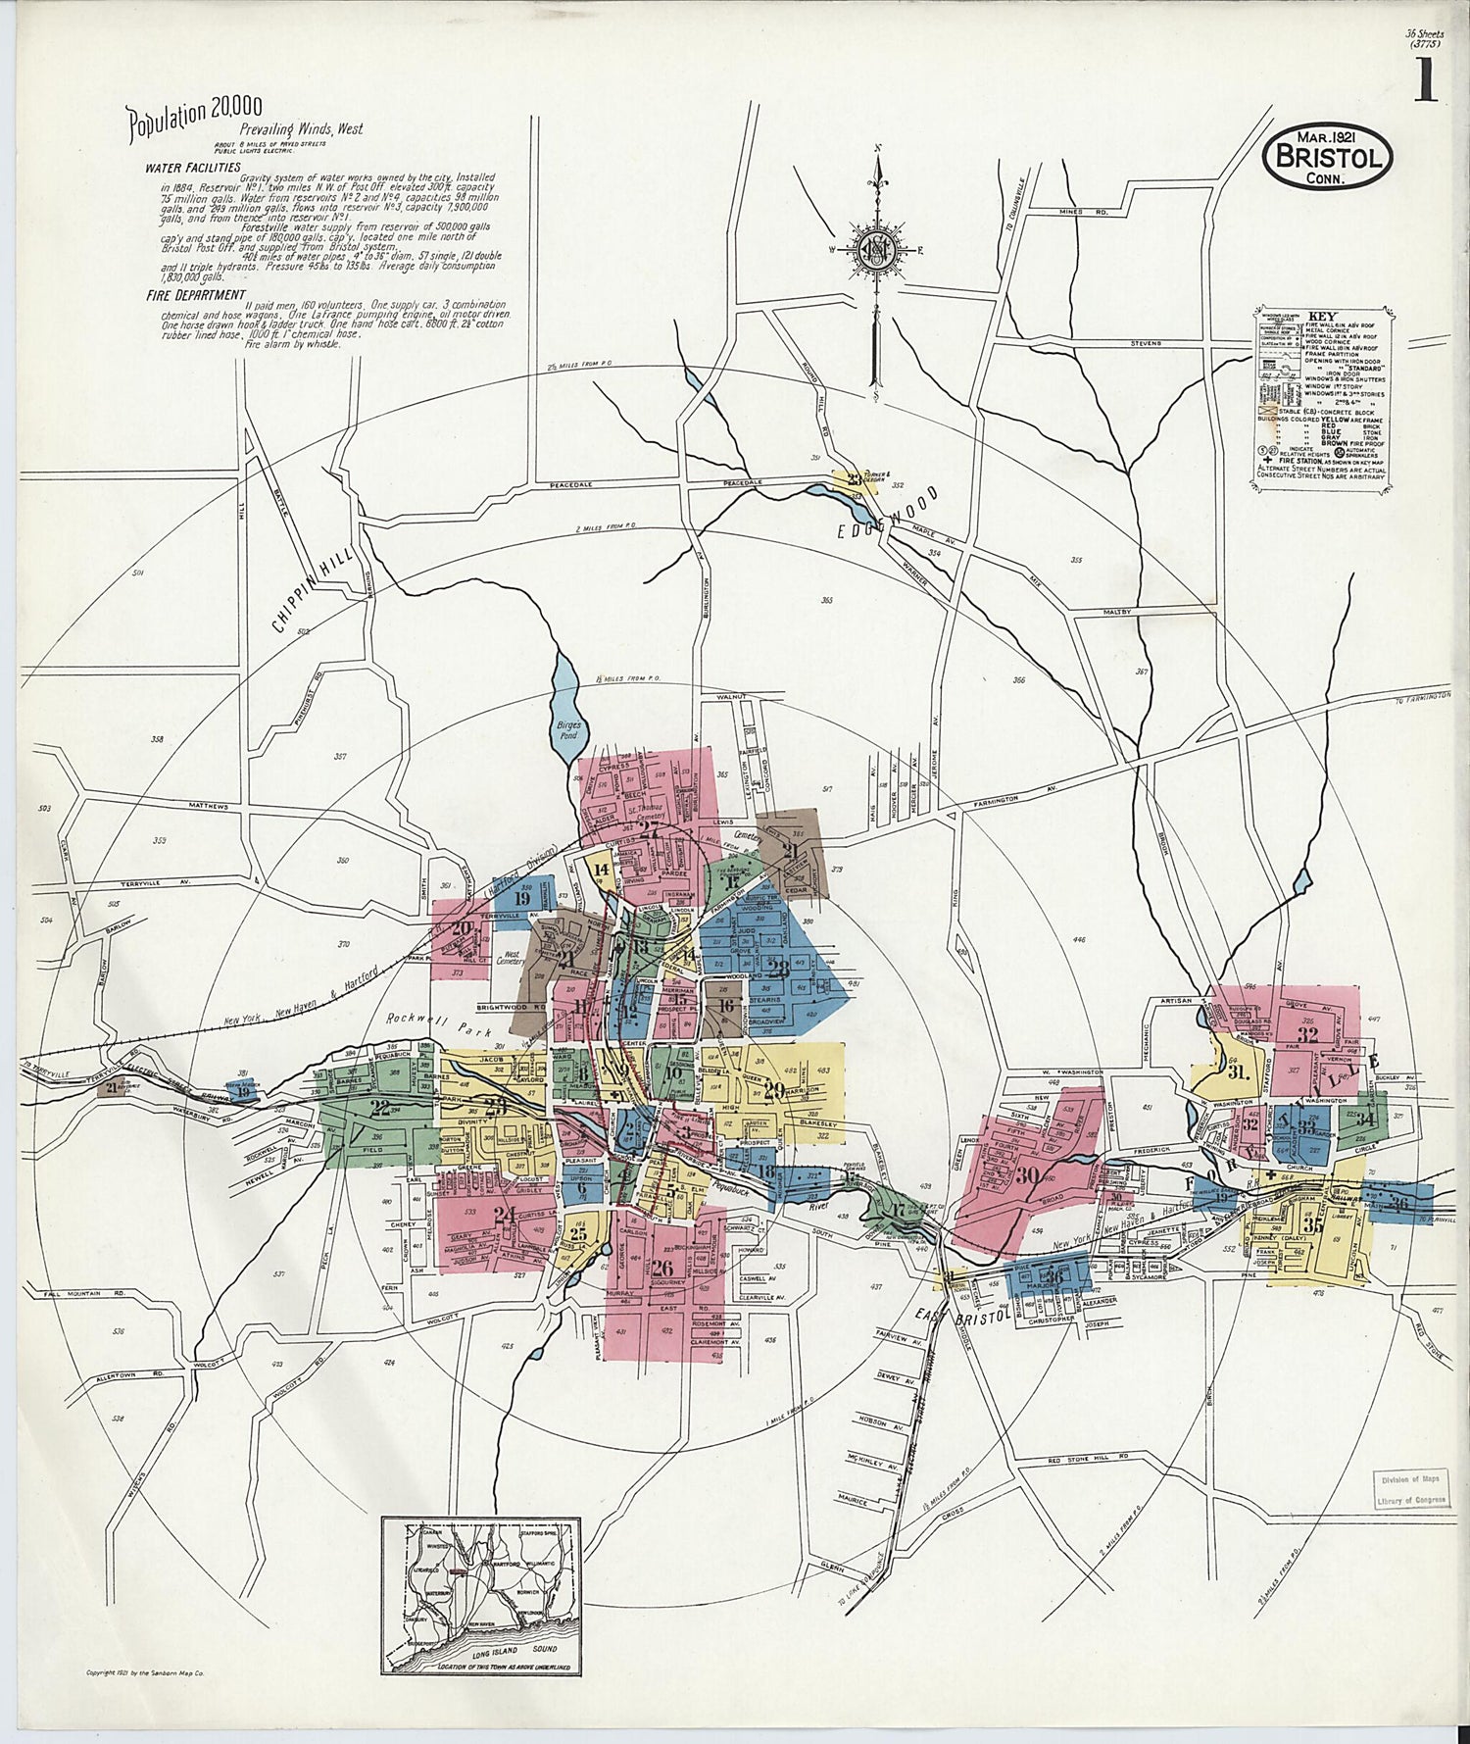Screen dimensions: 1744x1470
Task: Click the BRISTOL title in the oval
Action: pos(1328,158)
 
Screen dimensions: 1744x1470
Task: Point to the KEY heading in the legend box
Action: pos(1307,317)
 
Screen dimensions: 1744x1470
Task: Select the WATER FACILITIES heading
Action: pos(193,168)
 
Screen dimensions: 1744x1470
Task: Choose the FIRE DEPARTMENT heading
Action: pos(195,294)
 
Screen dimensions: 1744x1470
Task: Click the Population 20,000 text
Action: pos(194,116)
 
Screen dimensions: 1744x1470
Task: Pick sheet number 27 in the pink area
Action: pos(649,829)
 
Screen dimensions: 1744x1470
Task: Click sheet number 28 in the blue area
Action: pos(778,970)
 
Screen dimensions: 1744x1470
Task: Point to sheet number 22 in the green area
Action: pos(379,1109)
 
